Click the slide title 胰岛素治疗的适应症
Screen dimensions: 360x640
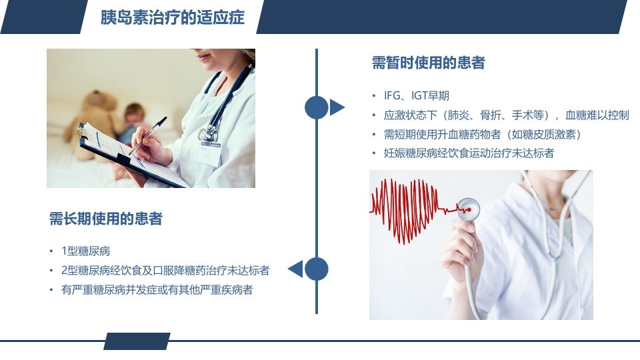tap(172, 17)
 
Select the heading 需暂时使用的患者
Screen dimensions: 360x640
tap(428, 63)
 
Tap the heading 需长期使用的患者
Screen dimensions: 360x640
tap(106, 219)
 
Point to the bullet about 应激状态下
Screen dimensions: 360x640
tap(506, 115)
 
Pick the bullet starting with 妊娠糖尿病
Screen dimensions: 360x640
tap(469, 154)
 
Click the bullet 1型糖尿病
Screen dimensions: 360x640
tap(85, 251)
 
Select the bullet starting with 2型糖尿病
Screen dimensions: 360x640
tap(165, 271)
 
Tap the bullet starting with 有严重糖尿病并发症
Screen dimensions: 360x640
tap(157, 290)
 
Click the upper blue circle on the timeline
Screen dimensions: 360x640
tap(317, 107)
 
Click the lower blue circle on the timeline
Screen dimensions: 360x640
tap(317, 269)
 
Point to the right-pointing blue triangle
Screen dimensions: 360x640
tap(337, 107)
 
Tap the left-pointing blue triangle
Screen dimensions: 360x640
tap(295, 269)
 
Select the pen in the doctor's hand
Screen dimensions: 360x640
tap(150, 136)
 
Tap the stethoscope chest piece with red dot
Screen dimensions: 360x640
tap(469, 209)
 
